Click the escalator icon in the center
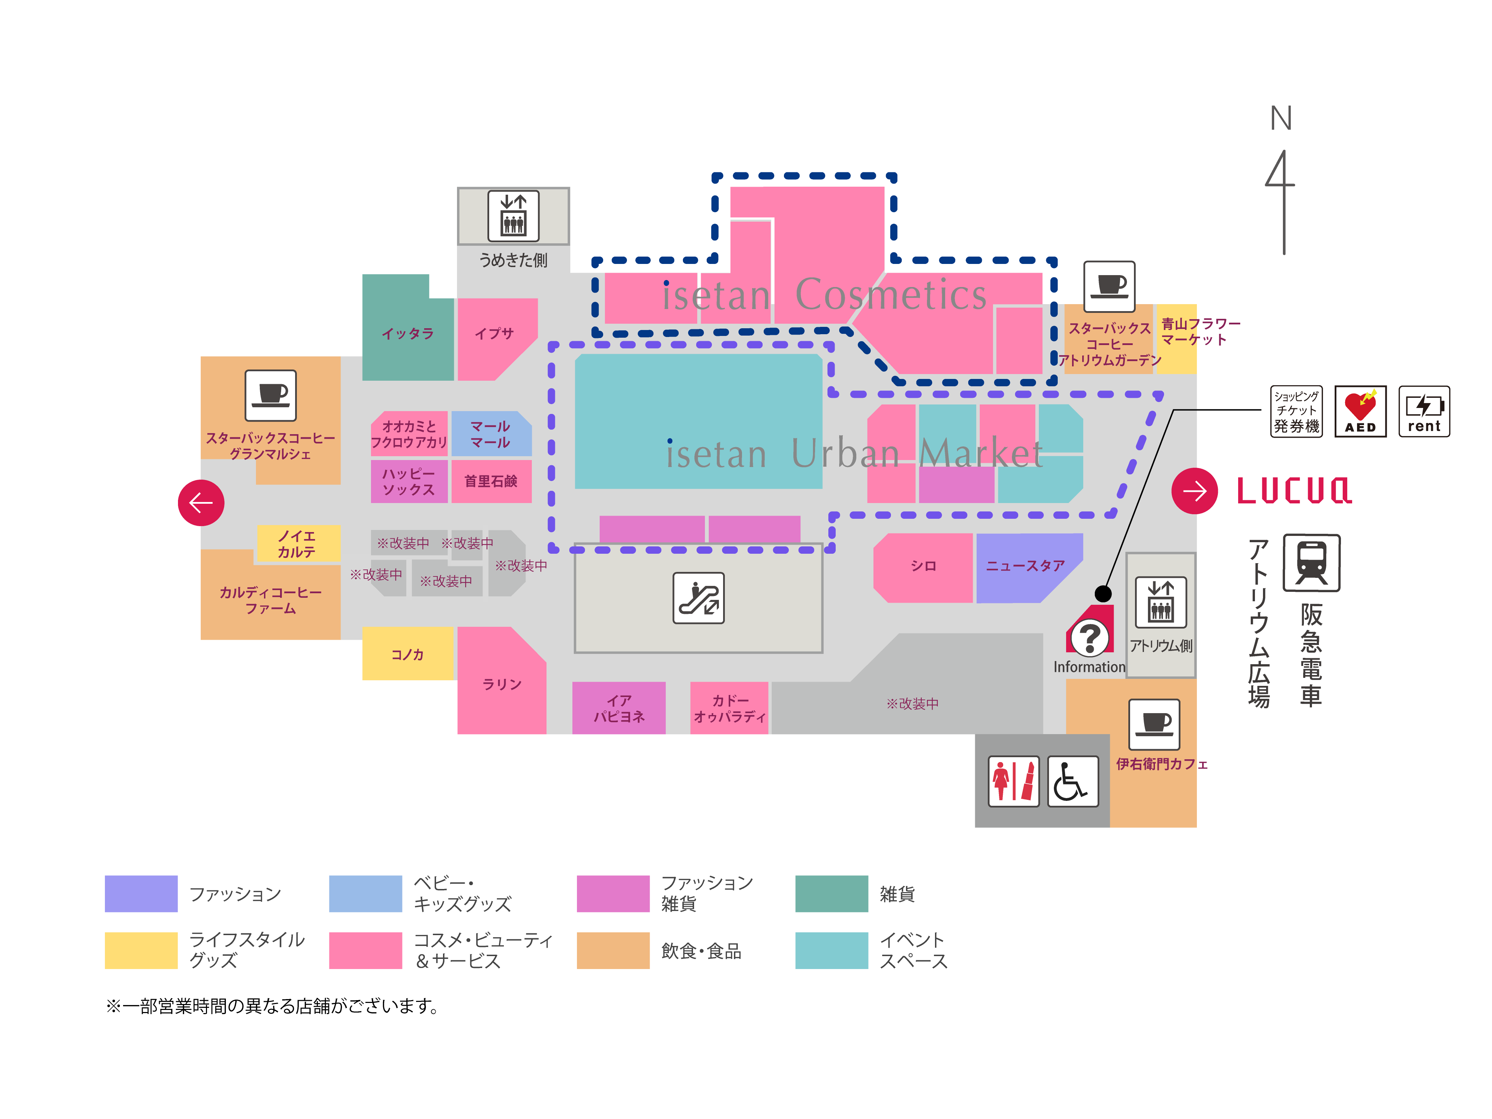click(698, 598)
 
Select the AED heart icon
click(1360, 411)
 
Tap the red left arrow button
click(201, 502)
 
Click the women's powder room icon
click(1013, 781)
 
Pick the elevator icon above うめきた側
click(513, 216)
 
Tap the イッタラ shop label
click(407, 333)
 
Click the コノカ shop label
click(407, 654)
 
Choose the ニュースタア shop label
click(1025, 566)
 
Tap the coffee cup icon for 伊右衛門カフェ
click(1154, 724)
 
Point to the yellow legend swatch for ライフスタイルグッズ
click(141, 950)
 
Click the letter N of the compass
click(1280, 119)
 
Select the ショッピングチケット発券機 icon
click(1296, 411)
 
